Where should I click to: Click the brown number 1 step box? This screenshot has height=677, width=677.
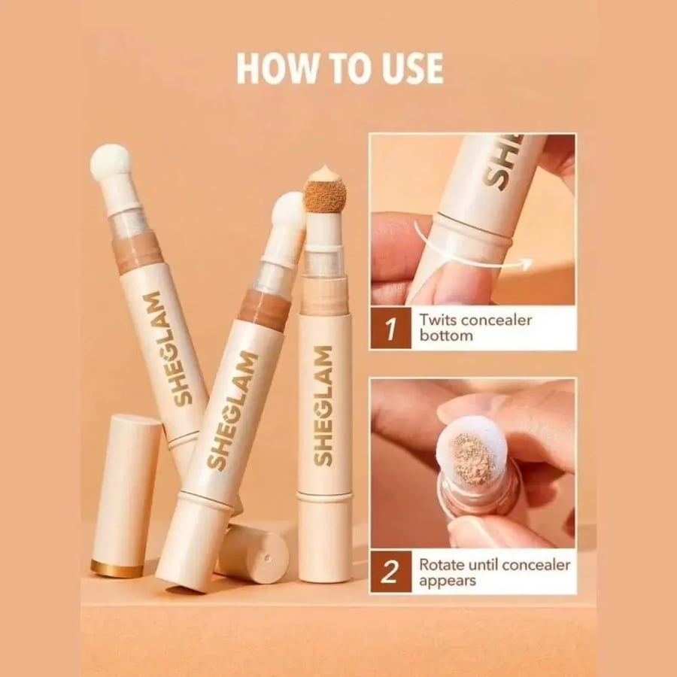[390, 328]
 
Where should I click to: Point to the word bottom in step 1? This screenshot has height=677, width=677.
[446, 335]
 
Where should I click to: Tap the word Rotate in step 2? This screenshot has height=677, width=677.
[445, 564]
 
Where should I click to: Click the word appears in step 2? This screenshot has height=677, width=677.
[448, 581]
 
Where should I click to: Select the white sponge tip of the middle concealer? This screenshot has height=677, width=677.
[290, 211]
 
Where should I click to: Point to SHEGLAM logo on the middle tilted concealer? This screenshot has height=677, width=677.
[232, 410]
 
